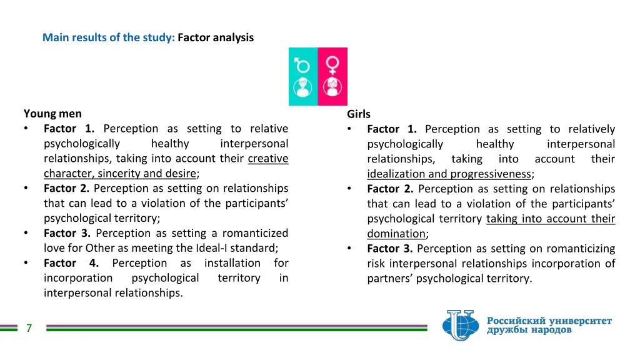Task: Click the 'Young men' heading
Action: (52, 114)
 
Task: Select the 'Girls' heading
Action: (359, 114)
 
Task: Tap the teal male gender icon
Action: (303, 76)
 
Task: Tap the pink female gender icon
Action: (332, 76)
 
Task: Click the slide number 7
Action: (29, 328)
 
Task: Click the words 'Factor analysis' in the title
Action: (216, 37)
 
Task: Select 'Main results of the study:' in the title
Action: (108, 37)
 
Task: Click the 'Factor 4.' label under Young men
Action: (71, 263)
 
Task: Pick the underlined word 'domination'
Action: (396, 234)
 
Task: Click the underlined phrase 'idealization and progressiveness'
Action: (449, 174)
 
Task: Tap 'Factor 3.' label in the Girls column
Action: (390, 249)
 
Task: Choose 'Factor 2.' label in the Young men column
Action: (66, 188)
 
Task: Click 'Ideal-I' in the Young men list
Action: (214, 248)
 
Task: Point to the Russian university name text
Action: (549, 325)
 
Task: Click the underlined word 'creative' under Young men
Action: (268, 159)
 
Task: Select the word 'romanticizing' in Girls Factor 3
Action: (584, 249)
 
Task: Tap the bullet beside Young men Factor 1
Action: (26, 129)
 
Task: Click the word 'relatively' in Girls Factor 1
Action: (591, 129)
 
